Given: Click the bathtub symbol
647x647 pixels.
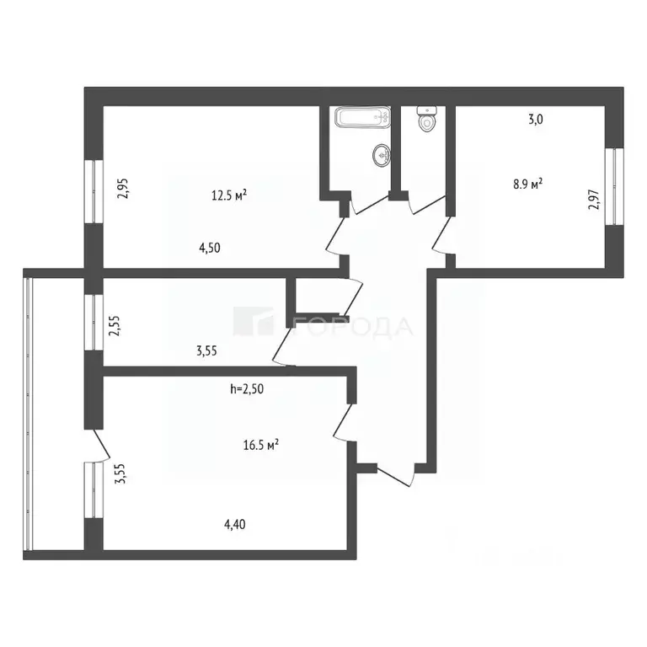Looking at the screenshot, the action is click(x=362, y=118).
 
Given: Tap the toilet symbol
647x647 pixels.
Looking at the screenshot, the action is click(x=426, y=120).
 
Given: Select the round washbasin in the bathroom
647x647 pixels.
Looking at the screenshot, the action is click(x=382, y=156).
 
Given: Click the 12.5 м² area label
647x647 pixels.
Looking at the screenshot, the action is click(x=229, y=195).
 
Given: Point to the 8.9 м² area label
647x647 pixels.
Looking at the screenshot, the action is click(x=527, y=184).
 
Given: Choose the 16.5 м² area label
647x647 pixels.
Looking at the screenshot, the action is click(x=261, y=445).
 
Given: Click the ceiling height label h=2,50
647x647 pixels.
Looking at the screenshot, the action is click(x=247, y=388).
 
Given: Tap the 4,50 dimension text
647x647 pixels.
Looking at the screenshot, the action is click(x=210, y=248).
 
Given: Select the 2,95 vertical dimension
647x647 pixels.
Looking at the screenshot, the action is click(x=123, y=188).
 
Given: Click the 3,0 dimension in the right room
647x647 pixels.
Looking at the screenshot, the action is click(x=536, y=120).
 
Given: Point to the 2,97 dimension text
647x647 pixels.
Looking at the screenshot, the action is click(x=594, y=200).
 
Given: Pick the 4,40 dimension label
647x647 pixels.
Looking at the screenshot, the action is click(x=234, y=525).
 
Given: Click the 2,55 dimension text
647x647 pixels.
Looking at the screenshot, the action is click(x=115, y=325).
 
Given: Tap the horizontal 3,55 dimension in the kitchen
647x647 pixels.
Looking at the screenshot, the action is click(x=206, y=351).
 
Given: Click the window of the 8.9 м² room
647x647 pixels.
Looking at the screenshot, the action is click(x=614, y=186).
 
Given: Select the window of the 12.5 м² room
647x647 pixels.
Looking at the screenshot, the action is click(x=94, y=191).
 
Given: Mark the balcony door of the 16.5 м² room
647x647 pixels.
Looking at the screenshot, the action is click(x=101, y=444).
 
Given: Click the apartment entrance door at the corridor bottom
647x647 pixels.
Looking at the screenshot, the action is click(x=395, y=476).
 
